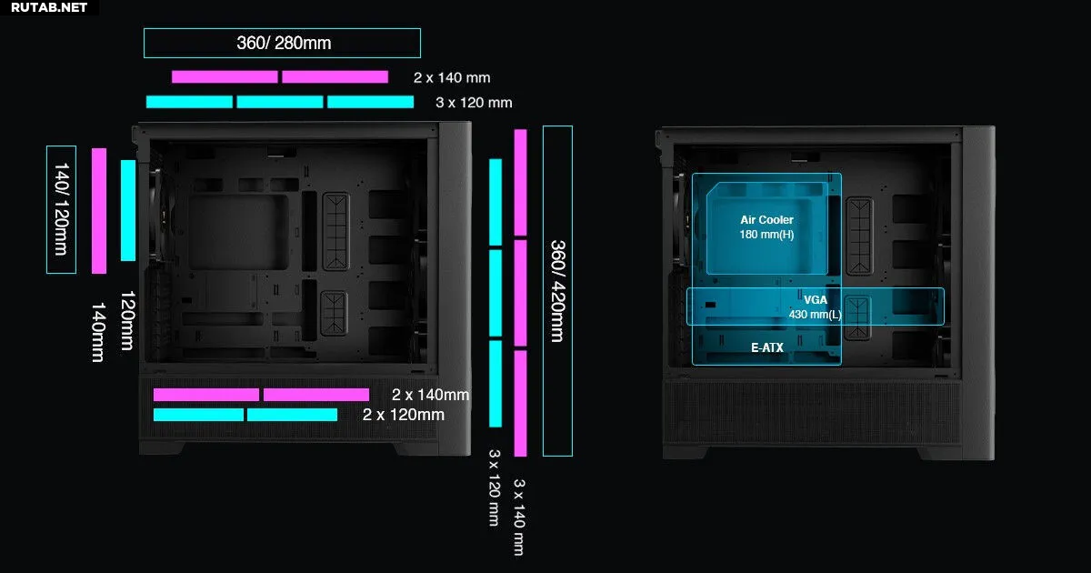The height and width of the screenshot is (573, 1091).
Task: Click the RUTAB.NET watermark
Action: coord(49,7)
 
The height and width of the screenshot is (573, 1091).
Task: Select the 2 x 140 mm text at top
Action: coord(452,77)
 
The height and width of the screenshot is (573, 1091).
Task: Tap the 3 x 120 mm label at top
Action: coord(474,102)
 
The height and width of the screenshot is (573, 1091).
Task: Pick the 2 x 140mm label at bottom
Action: coord(431,394)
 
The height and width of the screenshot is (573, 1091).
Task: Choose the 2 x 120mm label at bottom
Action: coord(404,415)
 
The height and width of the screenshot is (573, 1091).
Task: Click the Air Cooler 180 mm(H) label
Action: coord(766,227)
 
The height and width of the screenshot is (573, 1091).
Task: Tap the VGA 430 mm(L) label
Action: coord(816,307)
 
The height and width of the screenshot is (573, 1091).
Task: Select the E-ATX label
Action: coord(767,347)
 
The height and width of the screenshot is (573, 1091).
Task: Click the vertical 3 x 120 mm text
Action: coord(495,488)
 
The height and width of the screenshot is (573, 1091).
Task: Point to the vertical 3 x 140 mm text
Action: coord(519,517)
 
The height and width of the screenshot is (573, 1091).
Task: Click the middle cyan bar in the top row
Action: coord(280,102)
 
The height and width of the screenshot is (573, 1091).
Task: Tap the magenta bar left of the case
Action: coord(99,211)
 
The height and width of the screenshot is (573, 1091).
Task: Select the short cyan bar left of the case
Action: coord(128,210)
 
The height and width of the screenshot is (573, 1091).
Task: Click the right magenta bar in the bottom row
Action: coord(316,395)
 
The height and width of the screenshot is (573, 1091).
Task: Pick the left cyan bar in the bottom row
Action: coord(199,415)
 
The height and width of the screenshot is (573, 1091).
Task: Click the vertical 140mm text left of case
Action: coord(98,332)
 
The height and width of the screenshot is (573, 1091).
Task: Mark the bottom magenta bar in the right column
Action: coord(521,404)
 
